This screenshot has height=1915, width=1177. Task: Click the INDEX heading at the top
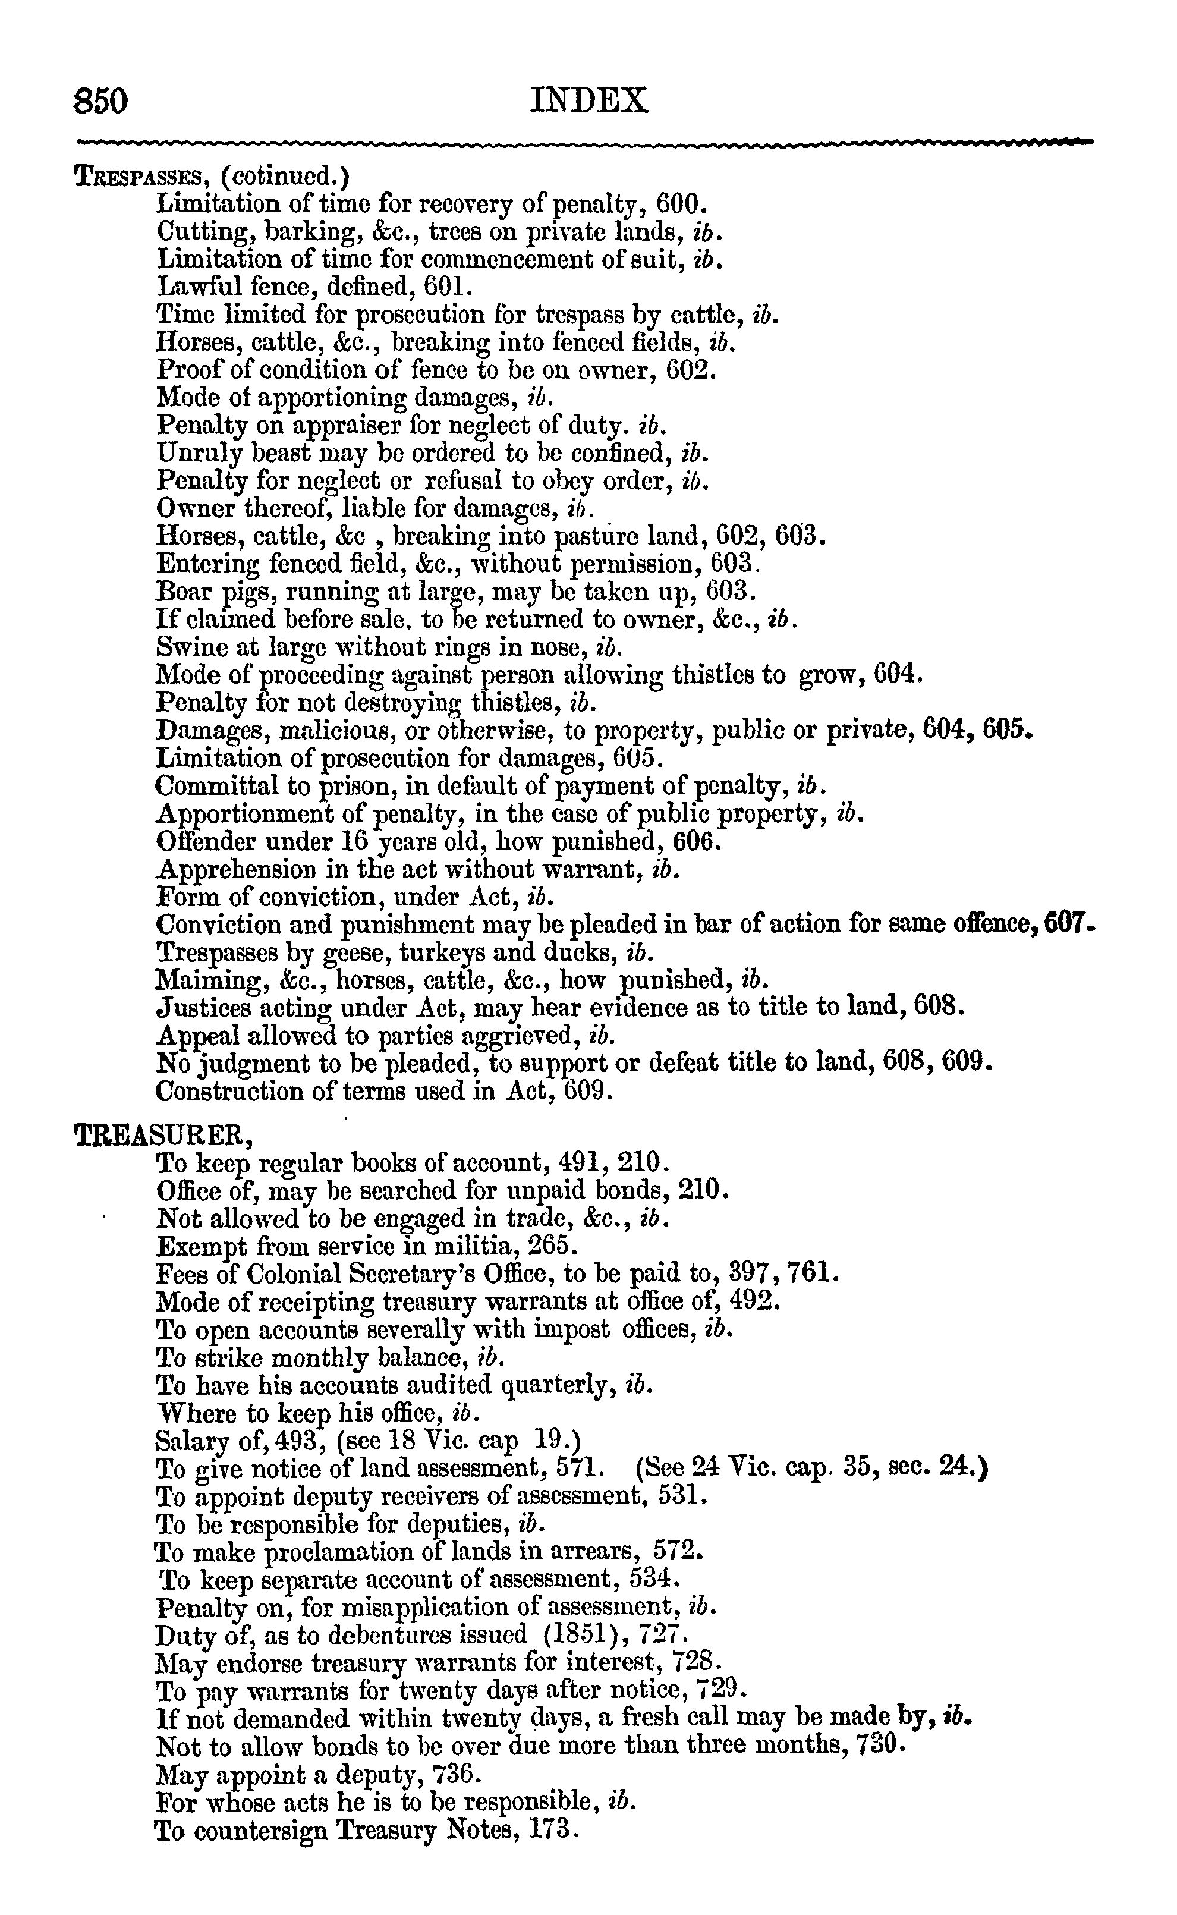tap(588, 101)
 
